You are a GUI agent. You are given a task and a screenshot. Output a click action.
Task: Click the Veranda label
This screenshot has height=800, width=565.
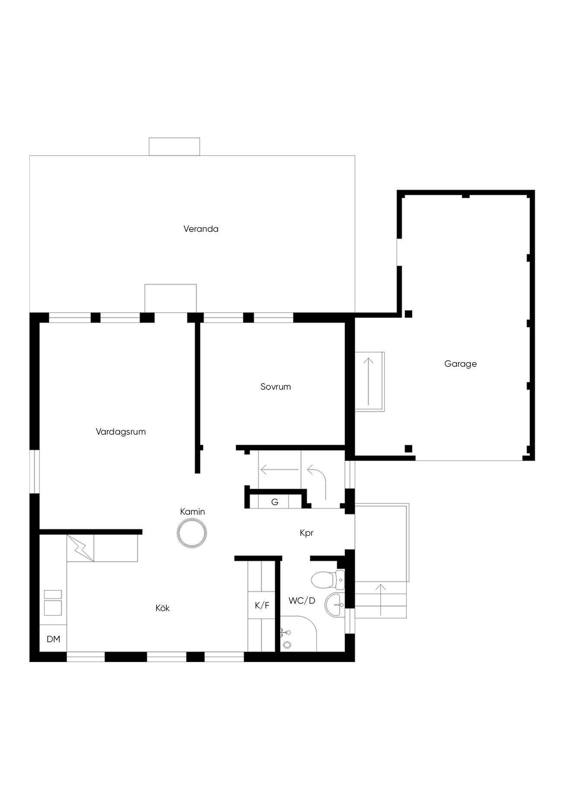click(x=201, y=229)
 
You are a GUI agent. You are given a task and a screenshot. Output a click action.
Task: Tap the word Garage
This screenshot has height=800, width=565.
click(x=460, y=364)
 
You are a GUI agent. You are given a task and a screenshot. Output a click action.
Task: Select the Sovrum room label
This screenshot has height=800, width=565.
click(x=276, y=387)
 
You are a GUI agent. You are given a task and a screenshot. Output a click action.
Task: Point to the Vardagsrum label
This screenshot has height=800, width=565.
click(x=121, y=432)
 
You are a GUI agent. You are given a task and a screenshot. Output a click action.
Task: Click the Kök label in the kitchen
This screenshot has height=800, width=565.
click(x=162, y=608)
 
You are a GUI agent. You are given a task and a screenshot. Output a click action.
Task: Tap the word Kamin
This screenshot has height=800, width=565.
click(x=193, y=512)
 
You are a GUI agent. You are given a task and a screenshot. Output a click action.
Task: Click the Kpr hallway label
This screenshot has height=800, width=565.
click(x=306, y=533)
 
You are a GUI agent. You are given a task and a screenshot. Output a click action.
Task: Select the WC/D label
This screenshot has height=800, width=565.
click(x=302, y=601)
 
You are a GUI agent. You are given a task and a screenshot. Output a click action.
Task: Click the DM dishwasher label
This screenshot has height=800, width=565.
click(x=53, y=639)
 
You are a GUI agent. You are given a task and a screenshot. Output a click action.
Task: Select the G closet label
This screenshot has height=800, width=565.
click(x=274, y=502)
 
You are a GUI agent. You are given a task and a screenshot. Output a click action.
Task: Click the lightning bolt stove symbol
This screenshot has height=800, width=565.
click(x=81, y=548)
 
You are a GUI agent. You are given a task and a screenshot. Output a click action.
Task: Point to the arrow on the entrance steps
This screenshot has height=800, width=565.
click(x=381, y=599)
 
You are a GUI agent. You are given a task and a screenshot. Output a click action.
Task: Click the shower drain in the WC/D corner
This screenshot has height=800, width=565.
click(x=287, y=645)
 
